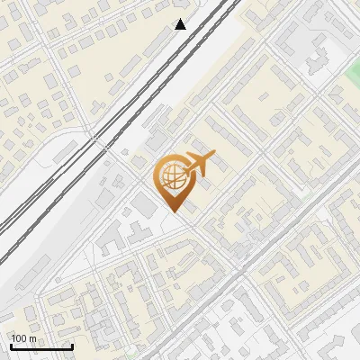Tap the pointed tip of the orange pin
(173, 212)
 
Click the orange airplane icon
(199, 164)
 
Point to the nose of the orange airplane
(214, 155)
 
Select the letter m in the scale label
(32, 338)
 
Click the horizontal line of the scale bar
(40, 347)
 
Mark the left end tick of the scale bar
(10, 346)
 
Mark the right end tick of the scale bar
(72, 346)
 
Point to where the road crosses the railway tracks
(93, 138)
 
